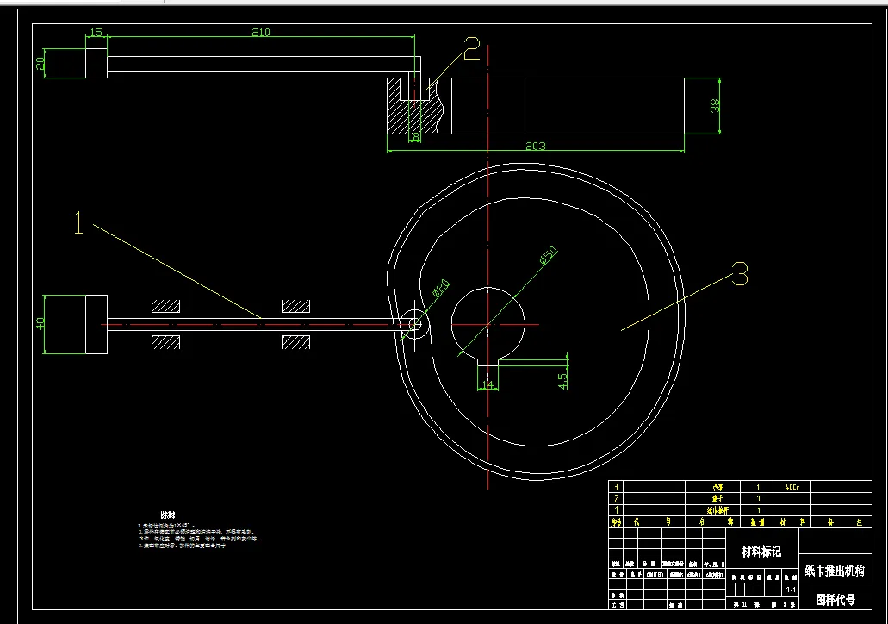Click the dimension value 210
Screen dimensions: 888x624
(260, 33)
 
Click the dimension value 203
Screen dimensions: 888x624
(535, 146)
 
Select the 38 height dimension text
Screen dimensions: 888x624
(714, 106)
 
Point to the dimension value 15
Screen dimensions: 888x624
(96, 33)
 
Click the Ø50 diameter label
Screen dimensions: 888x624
(548, 255)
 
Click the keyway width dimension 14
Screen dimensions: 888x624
(488, 384)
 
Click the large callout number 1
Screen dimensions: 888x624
(78, 225)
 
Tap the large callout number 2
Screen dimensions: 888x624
(471, 51)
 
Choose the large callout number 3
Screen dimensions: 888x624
(739, 275)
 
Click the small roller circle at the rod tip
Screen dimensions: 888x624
(414, 324)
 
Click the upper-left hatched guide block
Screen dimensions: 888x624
(165, 306)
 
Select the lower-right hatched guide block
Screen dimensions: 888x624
(295, 342)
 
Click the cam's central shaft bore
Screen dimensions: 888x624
(487, 321)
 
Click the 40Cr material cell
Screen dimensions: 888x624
(792, 487)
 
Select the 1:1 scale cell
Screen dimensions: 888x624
(790, 590)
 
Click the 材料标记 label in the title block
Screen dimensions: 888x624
(761, 551)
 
